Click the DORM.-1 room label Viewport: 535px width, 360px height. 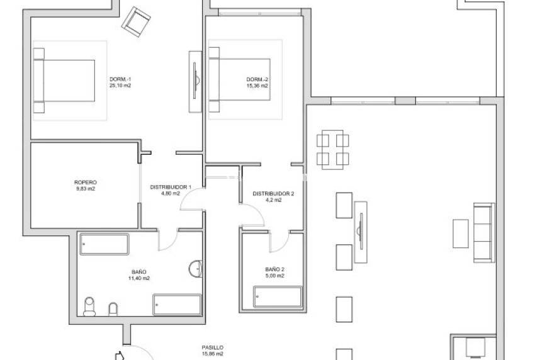click(120, 79)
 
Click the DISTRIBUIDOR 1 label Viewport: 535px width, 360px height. click(170, 188)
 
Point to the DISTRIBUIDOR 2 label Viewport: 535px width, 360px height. click(273, 194)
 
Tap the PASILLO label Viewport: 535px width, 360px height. click(212, 347)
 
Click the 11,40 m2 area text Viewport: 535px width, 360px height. click(139, 278)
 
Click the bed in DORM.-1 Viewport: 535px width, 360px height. click(65, 80)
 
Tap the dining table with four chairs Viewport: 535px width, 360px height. click(333, 149)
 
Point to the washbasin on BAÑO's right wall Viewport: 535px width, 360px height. click(196, 269)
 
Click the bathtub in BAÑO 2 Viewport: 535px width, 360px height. click(278, 297)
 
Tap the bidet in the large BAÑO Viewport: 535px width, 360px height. click(113, 308)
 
